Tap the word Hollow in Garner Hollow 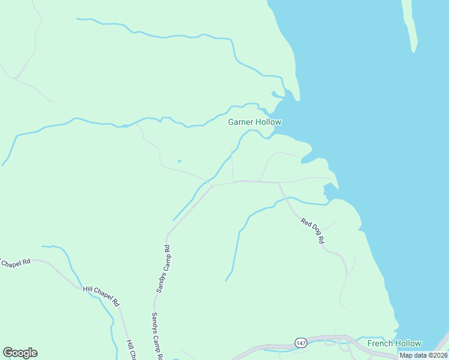(x=269, y=122)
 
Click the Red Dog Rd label (x=313, y=231)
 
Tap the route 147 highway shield (x=301, y=343)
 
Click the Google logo (x=20, y=353)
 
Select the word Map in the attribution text (x=406, y=355)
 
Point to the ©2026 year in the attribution (x=436, y=355)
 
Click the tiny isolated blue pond (x=179, y=161)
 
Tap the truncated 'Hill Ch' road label (x=130, y=350)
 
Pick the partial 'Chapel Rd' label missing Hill (x=14, y=263)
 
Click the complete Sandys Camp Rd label (x=164, y=269)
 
